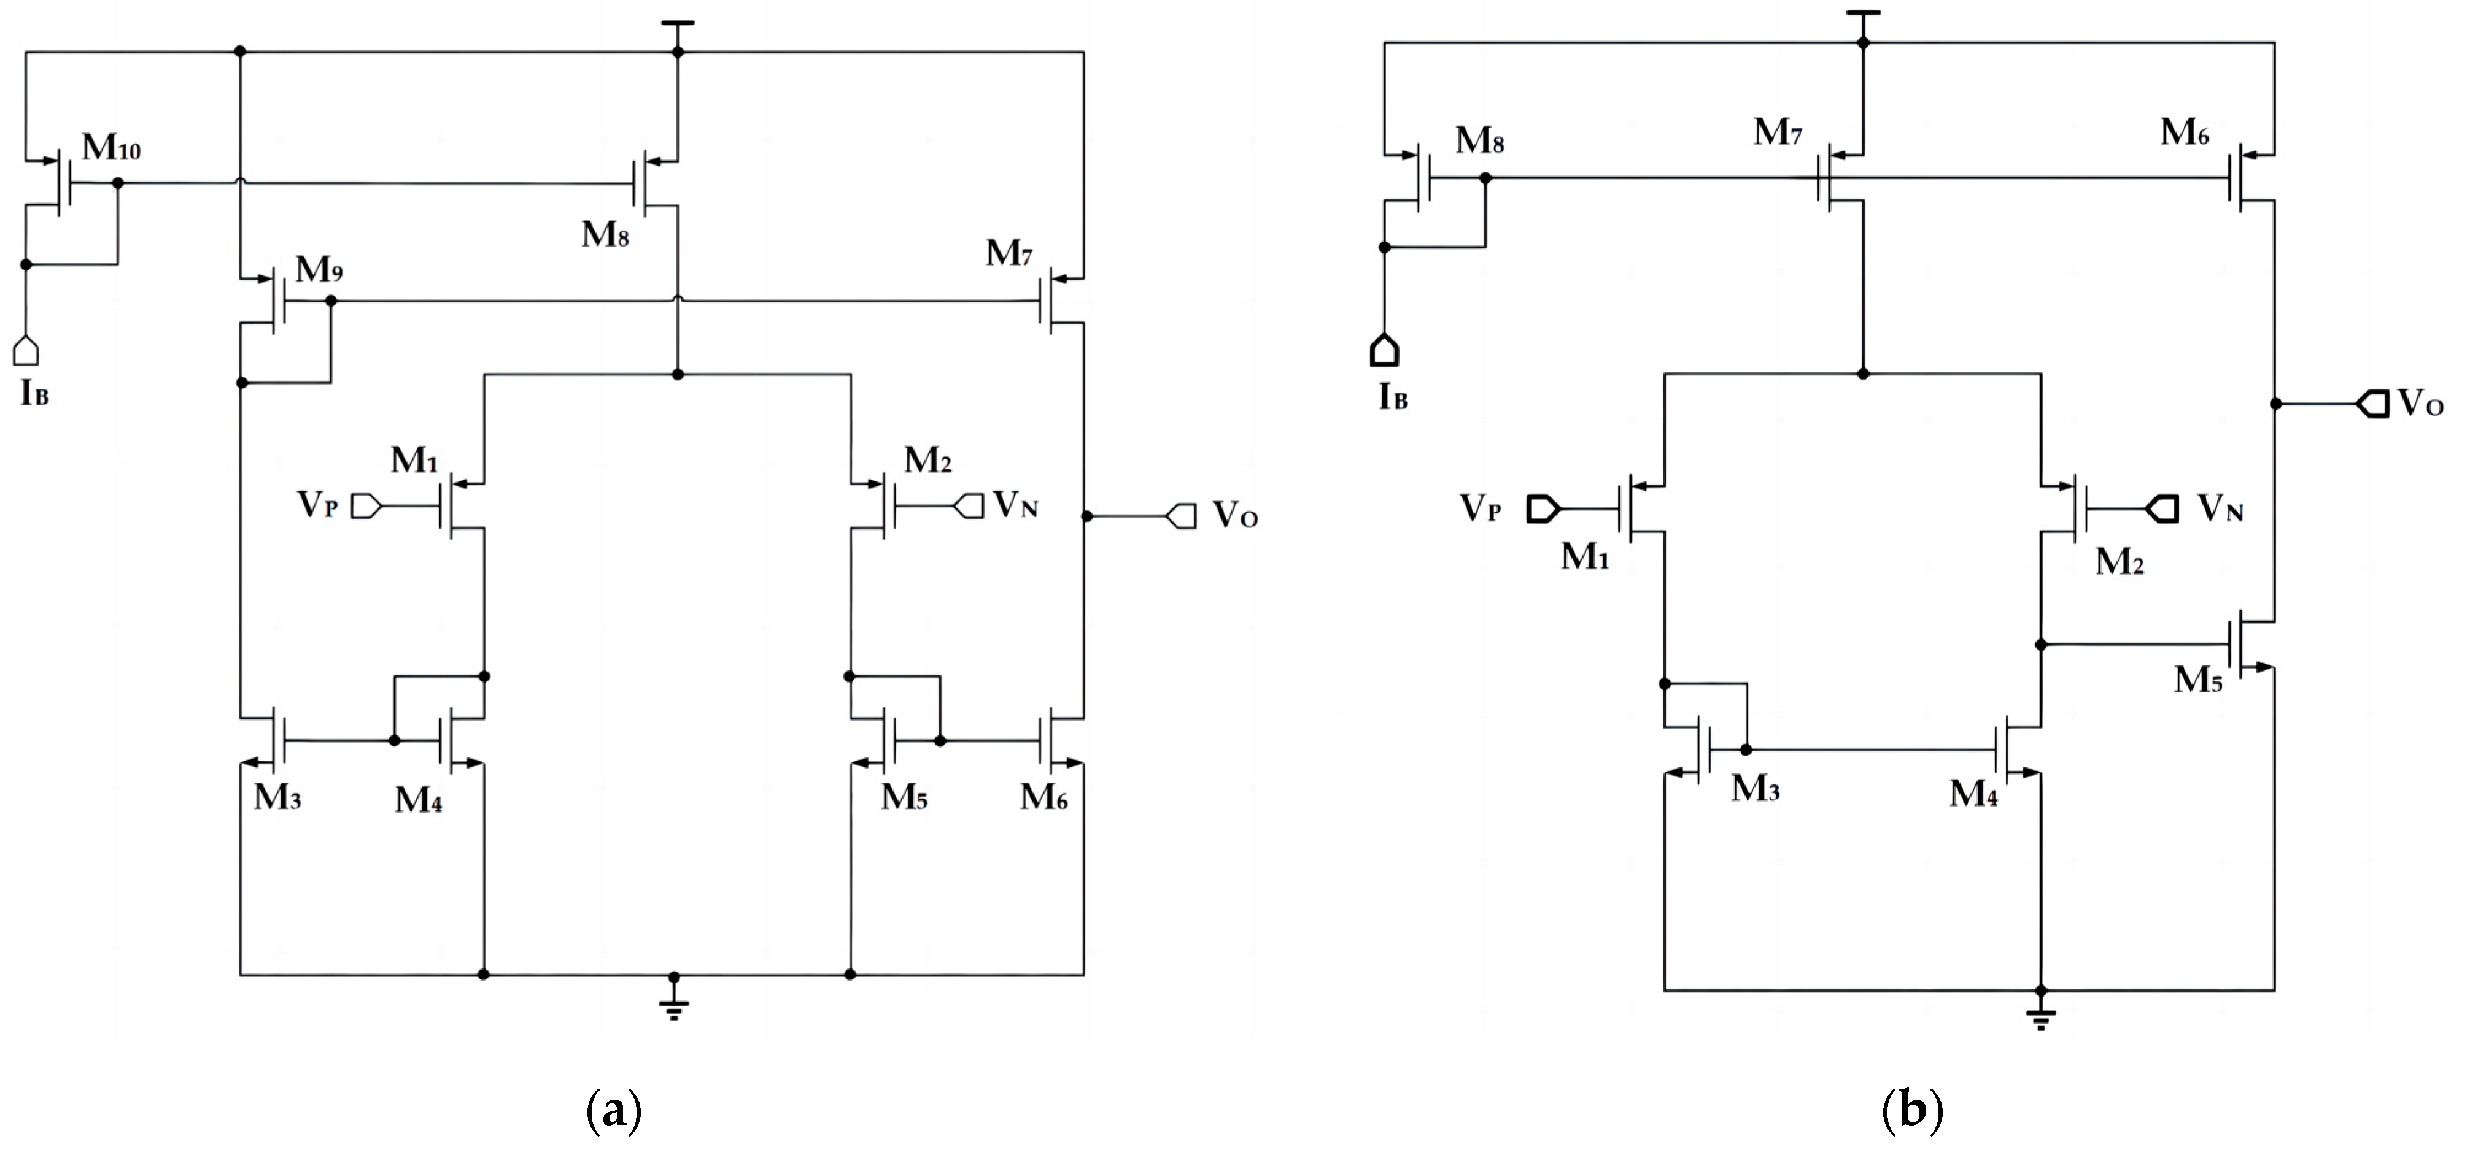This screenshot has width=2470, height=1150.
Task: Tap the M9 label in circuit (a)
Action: click(x=319, y=270)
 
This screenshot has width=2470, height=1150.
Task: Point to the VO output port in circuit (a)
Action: click(x=1182, y=516)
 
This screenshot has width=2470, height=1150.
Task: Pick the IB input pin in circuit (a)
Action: click(x=26, y=351)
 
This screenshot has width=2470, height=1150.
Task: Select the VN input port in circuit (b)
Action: click(x=2163, y=507)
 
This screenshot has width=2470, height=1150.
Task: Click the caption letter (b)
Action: click(x=1912, y=1111)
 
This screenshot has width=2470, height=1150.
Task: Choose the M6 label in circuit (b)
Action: click(x=2184, y=133)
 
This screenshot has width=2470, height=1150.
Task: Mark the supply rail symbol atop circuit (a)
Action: click(x=678, y=23)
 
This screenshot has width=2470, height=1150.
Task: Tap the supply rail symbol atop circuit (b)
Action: click(x=1863, y=13)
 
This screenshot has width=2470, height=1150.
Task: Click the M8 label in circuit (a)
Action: click(x=605, y=234)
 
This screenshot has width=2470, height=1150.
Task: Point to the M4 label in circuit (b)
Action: click(x=1973, y=794)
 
